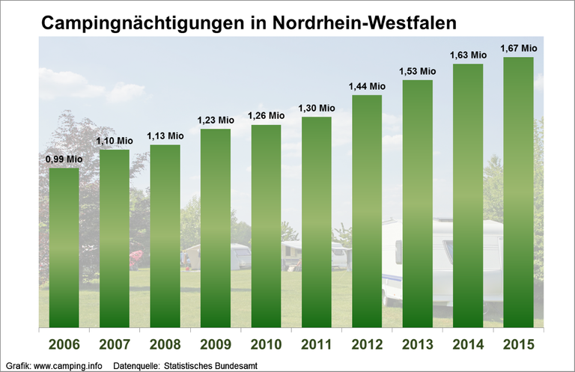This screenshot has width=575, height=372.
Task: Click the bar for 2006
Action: (x=64, y=247)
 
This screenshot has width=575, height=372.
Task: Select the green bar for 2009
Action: (x=216, y=228)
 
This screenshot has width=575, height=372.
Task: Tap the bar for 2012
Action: (x=367, y=211)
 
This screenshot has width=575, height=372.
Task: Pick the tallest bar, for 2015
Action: (x=518, y=192)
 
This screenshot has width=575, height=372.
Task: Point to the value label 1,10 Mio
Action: (x=114, y=141)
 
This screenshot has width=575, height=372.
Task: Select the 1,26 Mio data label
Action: (x=267, y=115)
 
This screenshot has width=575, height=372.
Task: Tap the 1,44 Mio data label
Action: (x=367, y=86)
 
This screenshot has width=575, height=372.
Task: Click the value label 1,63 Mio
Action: (x=468, y=55)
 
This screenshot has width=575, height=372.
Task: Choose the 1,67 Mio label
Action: (x=519, y=48)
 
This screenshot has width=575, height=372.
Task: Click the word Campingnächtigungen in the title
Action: (x=140, y=23)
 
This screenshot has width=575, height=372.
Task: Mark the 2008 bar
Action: (x=165, y=236)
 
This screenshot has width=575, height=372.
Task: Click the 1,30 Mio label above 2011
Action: (x=317, y=108)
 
